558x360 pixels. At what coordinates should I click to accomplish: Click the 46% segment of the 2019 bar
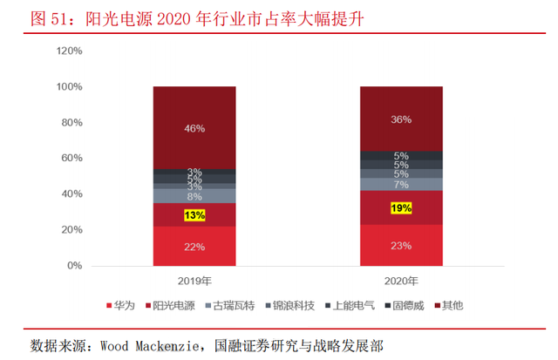(x=194, y=128)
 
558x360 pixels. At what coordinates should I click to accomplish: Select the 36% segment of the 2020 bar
(x=401, y=119)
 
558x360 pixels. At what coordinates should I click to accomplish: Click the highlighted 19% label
(x=401, y=208)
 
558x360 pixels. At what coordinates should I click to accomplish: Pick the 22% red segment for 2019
(x=194, y=247)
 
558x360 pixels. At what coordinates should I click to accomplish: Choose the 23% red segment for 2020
(x=401, y=246)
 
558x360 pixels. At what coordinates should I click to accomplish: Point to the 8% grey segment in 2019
(x=194, y=196)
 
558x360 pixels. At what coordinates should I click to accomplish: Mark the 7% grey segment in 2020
(x=401, y=185)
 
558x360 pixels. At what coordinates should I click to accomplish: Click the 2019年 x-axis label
(x=194, y=281)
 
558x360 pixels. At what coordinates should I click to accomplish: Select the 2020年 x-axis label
(x=401, y=281)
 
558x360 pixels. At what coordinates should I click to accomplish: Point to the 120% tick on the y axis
(x=69, y=51)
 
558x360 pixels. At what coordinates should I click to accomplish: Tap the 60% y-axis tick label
(x=71, y=159)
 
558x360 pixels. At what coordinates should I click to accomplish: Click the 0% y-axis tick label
(x=74, y=266)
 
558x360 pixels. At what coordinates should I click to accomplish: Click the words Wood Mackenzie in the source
(x=152, y=343)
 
